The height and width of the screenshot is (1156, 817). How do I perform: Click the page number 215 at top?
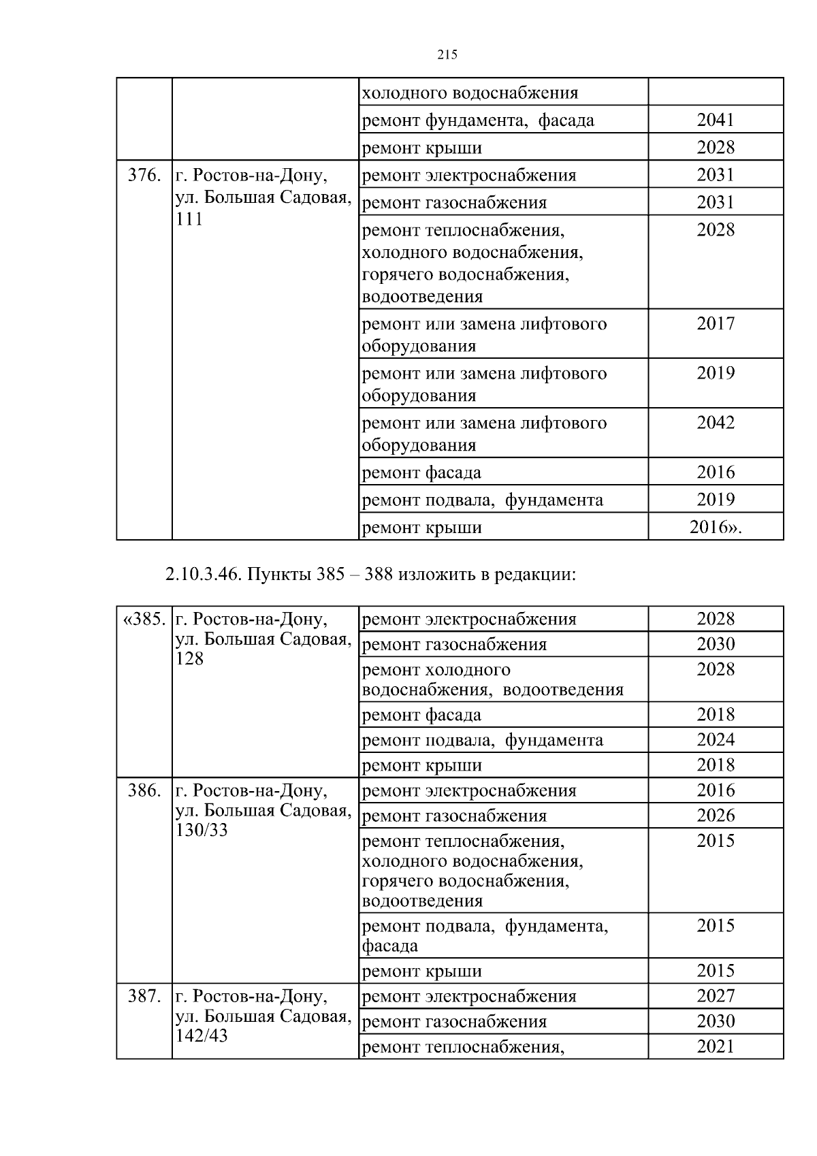tap(447, 55)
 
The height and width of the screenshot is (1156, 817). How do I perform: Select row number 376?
tap(144, 176)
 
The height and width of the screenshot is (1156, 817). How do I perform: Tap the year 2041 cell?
tap(716, 121)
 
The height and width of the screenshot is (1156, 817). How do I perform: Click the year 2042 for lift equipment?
tap(716, 423)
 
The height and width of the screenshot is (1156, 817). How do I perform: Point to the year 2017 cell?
tap(716, 323)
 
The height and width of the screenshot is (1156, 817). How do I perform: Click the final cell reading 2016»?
tap(716, 527)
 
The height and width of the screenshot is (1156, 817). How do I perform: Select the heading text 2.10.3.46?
tap(202, 574)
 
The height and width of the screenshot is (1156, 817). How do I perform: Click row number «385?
tap(144, 620)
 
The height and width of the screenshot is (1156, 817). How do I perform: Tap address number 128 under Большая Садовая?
tap(189, 659)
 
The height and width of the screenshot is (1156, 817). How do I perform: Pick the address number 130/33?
tap(202, 831)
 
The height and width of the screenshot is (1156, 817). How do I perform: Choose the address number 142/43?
tap(202, 1036)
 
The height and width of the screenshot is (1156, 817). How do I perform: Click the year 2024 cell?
tap(716, 740)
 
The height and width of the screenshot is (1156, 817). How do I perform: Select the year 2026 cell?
tap(716, 816)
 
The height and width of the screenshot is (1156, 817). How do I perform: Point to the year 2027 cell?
tap(716, 996)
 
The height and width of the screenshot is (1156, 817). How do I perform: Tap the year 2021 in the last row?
tap(716, 1046)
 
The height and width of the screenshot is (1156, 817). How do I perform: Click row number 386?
tap(144, 791)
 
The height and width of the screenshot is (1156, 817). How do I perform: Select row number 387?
tap(144, 997)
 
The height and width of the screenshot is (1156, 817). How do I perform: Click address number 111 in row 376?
tap(189, 219)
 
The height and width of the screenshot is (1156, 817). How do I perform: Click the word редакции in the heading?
tap(536, 574)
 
